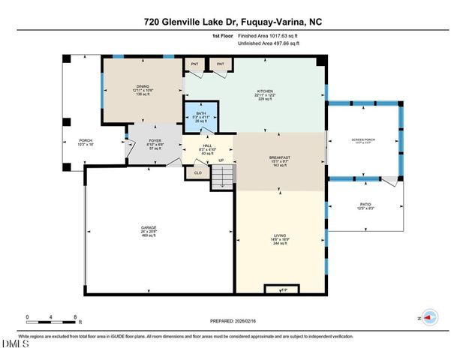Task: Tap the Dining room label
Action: tap(132, 90)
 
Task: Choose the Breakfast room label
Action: tap(279, 161)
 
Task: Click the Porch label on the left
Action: tap(86, 143)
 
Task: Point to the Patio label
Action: tap(365, 206)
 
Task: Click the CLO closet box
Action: tap(197, 172)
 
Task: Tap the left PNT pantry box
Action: tap(194, 65)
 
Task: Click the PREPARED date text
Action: tap(233, 320)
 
